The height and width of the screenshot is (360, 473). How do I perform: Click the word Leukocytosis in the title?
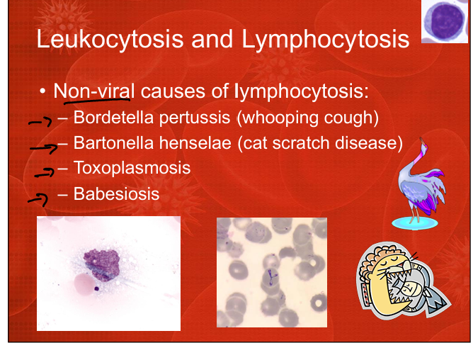point(110,39)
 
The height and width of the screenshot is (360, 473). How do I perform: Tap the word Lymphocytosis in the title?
point(325,39)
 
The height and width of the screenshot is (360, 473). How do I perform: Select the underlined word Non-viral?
point(93,91)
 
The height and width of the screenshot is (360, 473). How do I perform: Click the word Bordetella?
point(113,117)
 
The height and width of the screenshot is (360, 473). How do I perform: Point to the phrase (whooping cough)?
point(308,118)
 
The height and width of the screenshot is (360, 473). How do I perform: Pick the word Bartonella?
point(113,143)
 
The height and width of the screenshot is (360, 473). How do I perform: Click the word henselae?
point(195,143)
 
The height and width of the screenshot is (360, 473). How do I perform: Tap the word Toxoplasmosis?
point(132,168)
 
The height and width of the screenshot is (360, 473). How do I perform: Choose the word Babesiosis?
point(116,193)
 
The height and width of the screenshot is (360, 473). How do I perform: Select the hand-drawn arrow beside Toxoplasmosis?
point(45,173)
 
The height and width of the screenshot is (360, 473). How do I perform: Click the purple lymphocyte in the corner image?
point(444,21)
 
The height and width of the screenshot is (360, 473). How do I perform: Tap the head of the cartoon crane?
point(423,145)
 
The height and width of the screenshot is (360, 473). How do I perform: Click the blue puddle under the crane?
point(415,223)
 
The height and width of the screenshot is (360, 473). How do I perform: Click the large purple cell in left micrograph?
point(101,264)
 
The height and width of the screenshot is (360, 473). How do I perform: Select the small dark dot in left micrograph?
point(97,288)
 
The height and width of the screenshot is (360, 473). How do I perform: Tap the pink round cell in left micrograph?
point(84,284)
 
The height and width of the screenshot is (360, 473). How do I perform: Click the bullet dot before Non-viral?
point(42,91)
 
